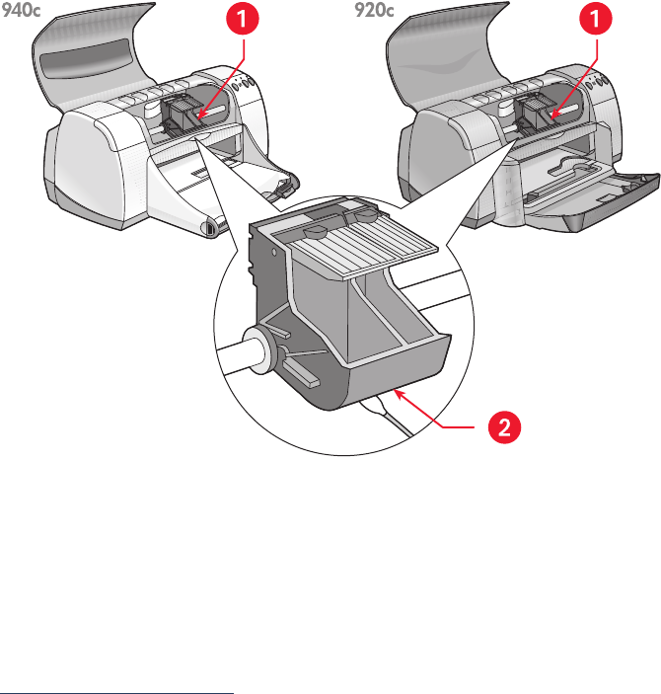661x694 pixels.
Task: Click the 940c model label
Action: click(x=21, y=11)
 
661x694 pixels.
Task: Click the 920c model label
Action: click(x=374, y=11)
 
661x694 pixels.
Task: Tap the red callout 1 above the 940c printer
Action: click(x=242, y=18)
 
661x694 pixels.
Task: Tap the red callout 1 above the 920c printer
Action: click(x=596, y=18)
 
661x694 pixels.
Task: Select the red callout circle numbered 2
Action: click(x=504, y=427)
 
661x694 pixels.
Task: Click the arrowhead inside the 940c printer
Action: click(x=200, y=116)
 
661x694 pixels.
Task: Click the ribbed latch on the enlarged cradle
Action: click(x=354, y=244)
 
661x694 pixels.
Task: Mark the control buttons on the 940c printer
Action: click(x=242, y=82)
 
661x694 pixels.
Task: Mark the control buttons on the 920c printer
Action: click(x=596, y=82)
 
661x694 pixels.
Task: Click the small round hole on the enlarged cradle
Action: click(x=274, y=253)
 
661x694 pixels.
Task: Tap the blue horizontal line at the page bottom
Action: click(x=116, y=692)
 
